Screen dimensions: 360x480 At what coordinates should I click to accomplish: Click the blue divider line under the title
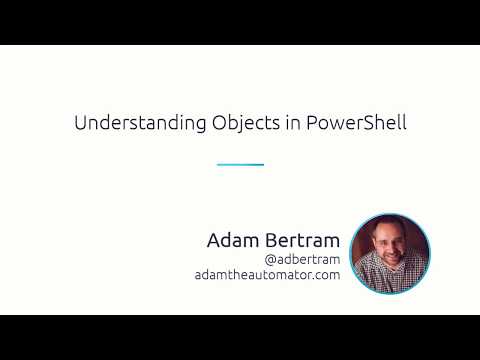click(x=240, y=164)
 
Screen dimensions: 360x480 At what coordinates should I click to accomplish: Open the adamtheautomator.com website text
click(x=268, y=275)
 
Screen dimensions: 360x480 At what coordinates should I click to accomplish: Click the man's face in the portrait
click(x=389, y=245)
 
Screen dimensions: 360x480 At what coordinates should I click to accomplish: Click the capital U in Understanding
click(x=81, y=125)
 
